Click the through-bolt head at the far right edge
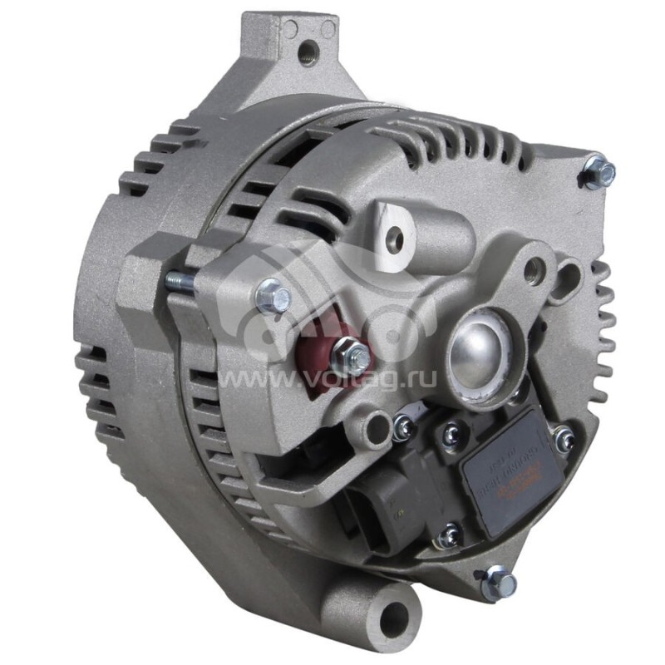600,172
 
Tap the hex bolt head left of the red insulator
272,295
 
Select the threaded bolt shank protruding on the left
178,282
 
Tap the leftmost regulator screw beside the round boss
405,427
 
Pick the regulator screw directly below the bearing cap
451,431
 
